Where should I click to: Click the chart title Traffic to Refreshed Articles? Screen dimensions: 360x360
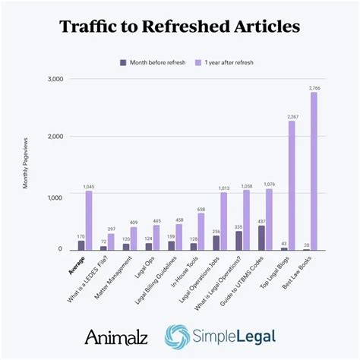[x=179, y=27]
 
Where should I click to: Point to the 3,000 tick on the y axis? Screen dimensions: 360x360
[x=55, y=79]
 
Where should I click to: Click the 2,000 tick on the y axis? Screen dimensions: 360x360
[x=55, y=136]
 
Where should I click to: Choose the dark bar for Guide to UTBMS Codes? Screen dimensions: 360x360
[x=261, y=238]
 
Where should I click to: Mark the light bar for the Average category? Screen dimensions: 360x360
[x=89, y=220]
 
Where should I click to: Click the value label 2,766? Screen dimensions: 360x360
[x=314, y=88]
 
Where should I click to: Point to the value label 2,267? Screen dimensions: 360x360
[x=291, y=116]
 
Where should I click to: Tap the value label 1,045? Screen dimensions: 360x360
[x=90, y=187]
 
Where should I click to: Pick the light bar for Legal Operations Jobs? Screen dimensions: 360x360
[x=224, y=221]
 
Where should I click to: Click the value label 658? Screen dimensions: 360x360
[x=201, y=209]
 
